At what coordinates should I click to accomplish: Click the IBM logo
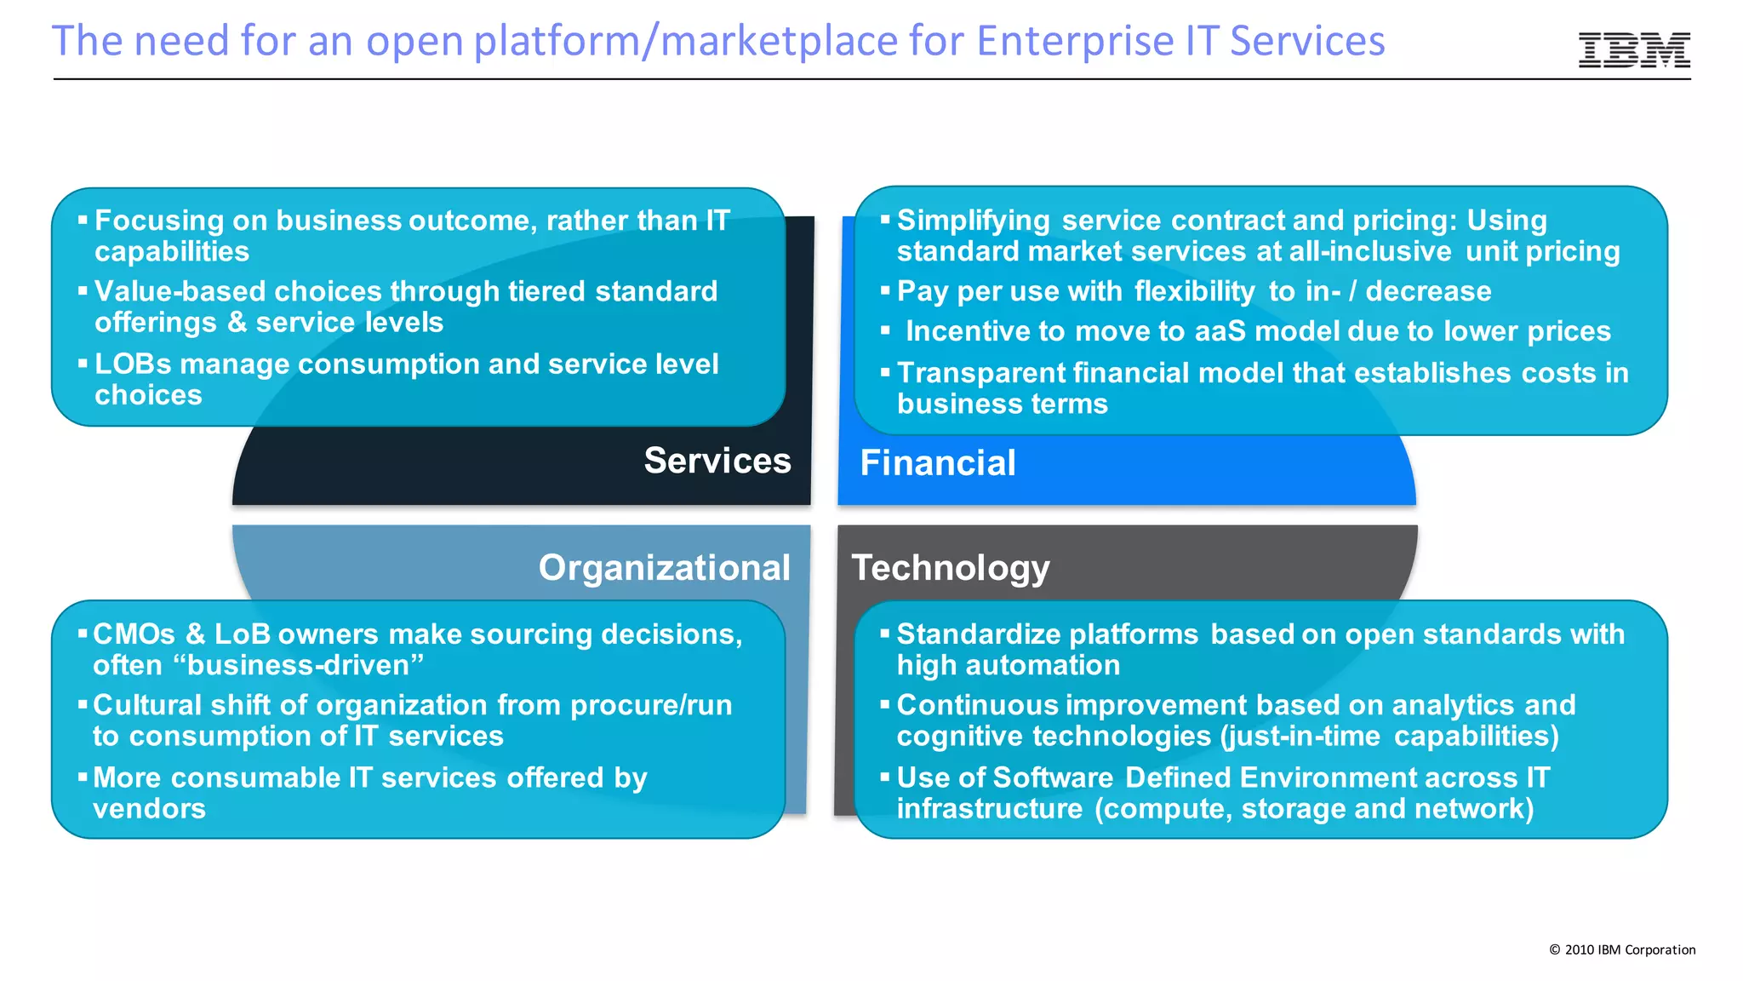coord(1633,50)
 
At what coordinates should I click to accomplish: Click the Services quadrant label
coord(717,461)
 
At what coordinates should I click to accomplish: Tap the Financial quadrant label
coord(937,463)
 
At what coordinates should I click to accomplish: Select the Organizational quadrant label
coord(664,568)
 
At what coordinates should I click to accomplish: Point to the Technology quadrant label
coord(950,568)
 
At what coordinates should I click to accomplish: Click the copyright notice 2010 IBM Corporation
coord(1621,949)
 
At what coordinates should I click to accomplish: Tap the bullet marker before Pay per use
coord(885,290)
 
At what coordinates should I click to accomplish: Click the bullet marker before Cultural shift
coord(83,704)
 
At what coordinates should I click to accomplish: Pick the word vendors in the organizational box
coord(149,808)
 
